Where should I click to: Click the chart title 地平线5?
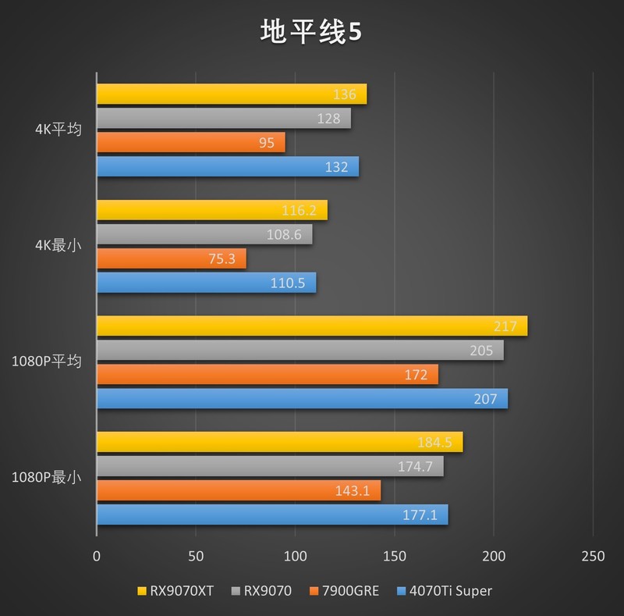pyautogui.click(x=311, y=32)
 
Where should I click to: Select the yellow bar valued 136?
pyautogui.click(x=231, y=94)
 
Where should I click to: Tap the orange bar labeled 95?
pyautogui.click(x=190, y=142)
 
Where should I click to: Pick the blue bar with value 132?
pyautogui.click(x=227, y=166)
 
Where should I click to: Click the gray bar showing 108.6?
pyautogui.click(x=204, y=234)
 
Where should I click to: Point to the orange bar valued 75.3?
pyautogui.click(x=171, y=258)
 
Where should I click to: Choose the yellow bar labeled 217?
pyautogui.click(x=311, y=326)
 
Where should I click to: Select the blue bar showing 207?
pyautogui.click(x=302, y=398)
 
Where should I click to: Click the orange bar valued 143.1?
pyautogui.click(x=238, y=490)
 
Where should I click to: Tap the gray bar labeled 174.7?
pyautogui.click(x=270, y=466)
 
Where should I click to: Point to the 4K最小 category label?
pyautogui.click(x=58, y=246)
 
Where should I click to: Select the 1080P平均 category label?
pyautogui.click(x=46, y=361)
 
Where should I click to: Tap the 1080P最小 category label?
pyautogui.click(x=46, y=478)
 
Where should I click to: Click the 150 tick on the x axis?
pyautogui.click(x=395, y=557)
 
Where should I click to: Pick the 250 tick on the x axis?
pyautogui.click(x=594, y=557)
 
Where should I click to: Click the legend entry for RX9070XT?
pyautogui.click(x=175, y=591)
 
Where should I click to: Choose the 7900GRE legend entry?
pyautogui.click(x=344, y=591)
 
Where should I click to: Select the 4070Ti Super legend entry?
pyautogui.click(x=445, y=591)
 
